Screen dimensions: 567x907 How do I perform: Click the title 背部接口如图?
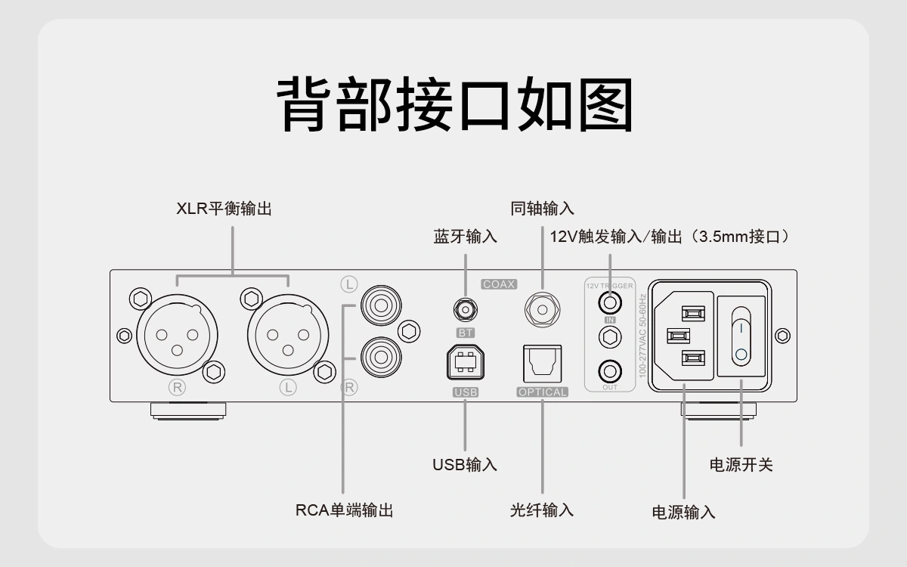click(453, 104)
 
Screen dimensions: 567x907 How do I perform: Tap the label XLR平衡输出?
click(224, 209)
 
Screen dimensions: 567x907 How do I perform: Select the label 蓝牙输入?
click(465, 237)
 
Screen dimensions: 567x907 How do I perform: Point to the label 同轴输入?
click(542, 209)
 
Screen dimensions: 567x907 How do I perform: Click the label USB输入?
click(464, 464)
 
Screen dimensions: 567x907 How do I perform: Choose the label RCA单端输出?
click(344, 510)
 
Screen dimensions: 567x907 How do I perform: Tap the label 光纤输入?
click(542, 510)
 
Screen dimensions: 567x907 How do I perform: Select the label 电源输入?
click(683, 512)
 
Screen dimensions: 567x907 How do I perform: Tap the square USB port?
click(465, 364)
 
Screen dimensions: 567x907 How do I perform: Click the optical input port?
click(542, 364)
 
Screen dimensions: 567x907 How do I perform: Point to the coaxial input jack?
click(542, 308)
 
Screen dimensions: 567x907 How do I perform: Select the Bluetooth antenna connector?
click(465, 309)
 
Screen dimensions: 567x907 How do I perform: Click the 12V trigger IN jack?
click(610, 302)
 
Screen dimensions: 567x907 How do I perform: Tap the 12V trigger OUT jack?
click(610, 371)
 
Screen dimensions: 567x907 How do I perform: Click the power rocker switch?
click(741, 335)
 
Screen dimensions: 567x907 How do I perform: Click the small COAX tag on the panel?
click(499, 285)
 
